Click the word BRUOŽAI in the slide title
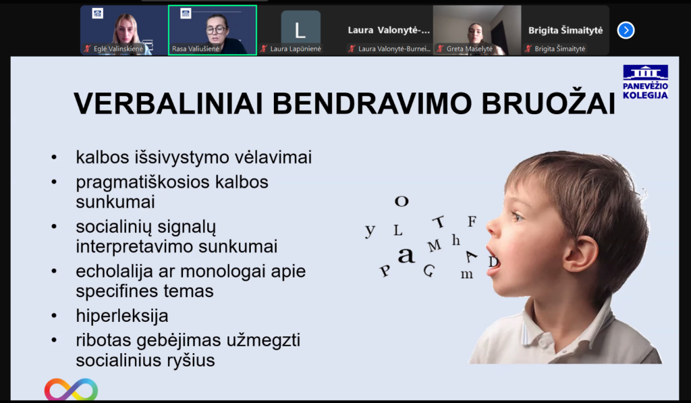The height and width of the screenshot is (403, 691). (x=548, y=103)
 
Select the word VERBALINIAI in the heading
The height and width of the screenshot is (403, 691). (x=168, y=104)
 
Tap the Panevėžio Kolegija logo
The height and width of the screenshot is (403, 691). (x=645, y=82)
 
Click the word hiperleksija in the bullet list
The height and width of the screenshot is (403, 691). (x=122, y=316)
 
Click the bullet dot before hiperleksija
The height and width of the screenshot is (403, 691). (x=54, y=316)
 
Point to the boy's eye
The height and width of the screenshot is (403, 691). (x=518, y=217)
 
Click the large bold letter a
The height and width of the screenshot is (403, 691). (x=406, y=255)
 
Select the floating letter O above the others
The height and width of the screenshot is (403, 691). (x=402, y=201)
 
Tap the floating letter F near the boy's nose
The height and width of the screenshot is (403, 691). (x=472, y=221)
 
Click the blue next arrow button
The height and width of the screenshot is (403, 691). (x=626, y=30)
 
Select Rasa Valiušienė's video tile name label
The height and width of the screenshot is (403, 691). (x=195, y=49)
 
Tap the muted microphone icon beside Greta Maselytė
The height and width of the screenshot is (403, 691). (x=440, y=49)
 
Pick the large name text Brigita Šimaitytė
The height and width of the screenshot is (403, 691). (x=565, y=30)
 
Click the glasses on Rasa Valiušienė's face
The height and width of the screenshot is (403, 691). (x=216, y=30)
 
